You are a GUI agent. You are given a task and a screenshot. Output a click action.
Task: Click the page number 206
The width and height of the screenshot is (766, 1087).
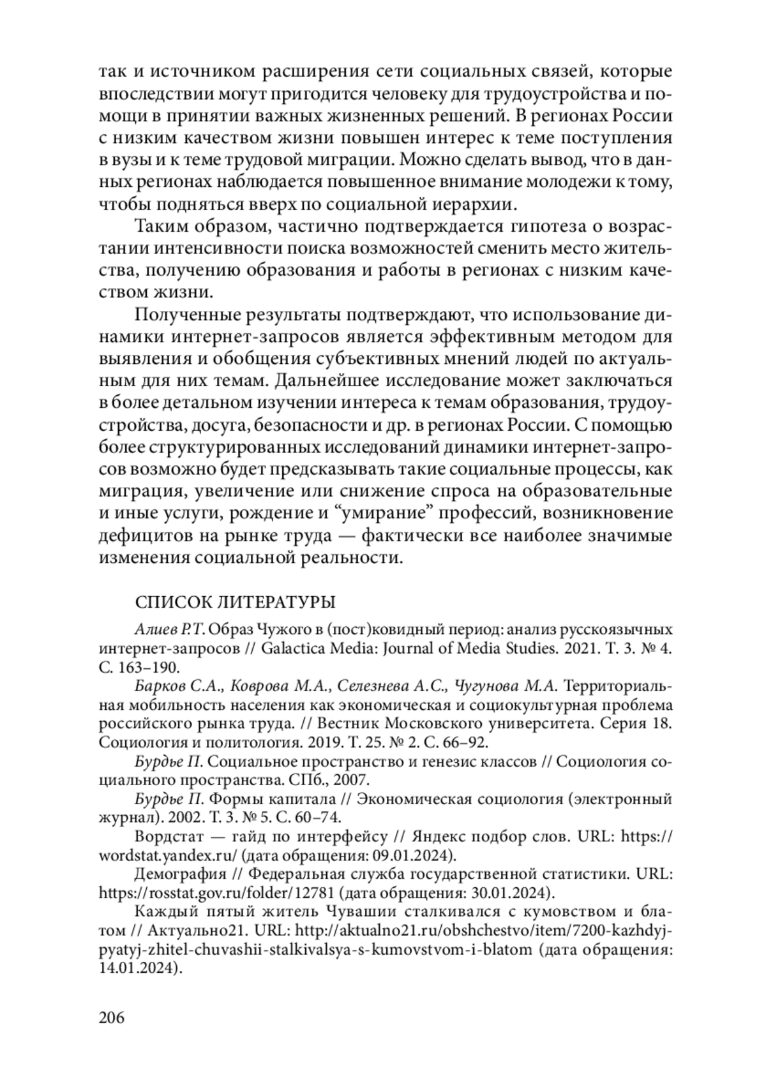(112, 1017)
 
